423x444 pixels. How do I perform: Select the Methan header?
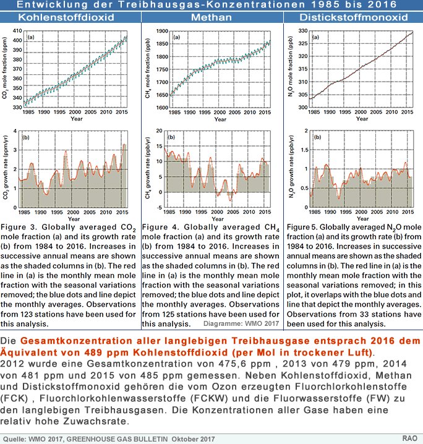pyautogui.click(x=212, y=17)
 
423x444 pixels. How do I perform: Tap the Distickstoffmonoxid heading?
pyautogui.click(x=352, y=17)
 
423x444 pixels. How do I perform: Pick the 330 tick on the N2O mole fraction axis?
pyautogui.click(x=303, y=31)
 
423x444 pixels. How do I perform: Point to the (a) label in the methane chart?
pyautogui.click(x=176, y=38)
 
